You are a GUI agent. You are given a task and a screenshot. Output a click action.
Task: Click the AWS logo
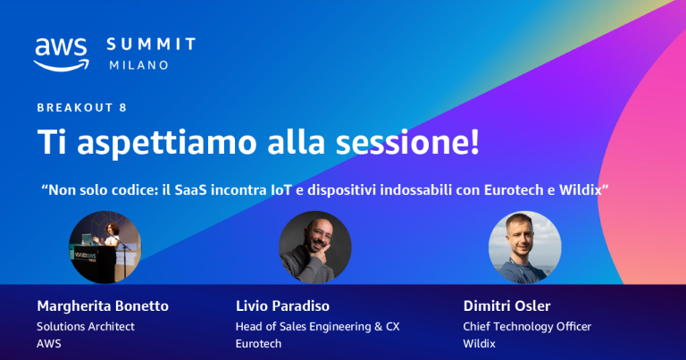point(61,54)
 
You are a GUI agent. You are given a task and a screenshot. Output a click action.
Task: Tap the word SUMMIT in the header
point(150,44)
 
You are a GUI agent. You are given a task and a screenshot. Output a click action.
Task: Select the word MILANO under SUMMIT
point(138,65)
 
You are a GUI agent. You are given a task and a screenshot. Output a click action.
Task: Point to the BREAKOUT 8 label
point(81,107)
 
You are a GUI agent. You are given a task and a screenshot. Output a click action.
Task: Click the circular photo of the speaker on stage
point(105,247)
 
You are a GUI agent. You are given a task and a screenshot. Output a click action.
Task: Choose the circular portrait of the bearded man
point(314,247)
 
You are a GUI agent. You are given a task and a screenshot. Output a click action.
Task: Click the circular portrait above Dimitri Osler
point(525,247)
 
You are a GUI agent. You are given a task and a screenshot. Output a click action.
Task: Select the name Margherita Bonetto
point(102,306)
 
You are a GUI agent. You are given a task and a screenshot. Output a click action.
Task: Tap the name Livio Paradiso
point(283,306)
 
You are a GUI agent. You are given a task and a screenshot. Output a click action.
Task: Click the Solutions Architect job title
point(86,326)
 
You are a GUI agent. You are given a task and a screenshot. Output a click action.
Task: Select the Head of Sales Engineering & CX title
point(315,326)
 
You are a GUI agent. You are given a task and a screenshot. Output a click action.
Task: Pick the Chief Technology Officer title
point(527,326)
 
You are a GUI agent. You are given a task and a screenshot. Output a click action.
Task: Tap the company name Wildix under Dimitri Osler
point(480,343)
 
